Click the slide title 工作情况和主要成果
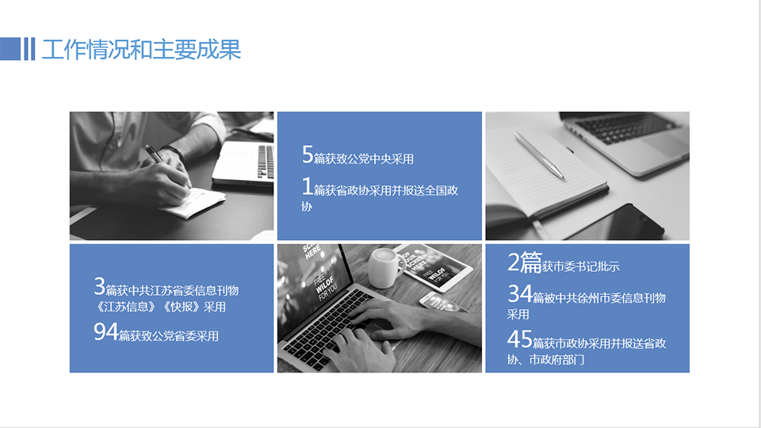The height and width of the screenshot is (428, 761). (141, 49)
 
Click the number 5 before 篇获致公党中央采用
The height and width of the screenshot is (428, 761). (308, 155)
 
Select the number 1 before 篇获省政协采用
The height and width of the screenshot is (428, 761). (308, 187)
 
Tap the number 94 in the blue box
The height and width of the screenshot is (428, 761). (105, 333)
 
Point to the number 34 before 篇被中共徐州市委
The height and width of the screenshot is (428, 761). (520, 295)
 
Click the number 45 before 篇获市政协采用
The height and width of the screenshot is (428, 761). (520, 340)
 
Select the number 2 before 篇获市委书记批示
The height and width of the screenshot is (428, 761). (514, 262)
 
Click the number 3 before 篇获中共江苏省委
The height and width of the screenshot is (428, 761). (99, 286)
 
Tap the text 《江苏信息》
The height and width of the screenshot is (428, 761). (125, 307)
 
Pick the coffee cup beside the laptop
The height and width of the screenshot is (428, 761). (384, 267)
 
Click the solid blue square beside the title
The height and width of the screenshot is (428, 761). (10, 49)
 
